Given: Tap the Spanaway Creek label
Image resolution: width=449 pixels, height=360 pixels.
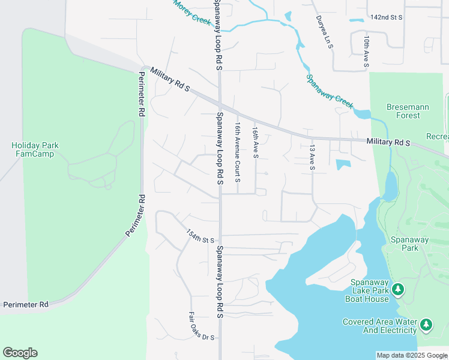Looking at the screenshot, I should tap(330, 91).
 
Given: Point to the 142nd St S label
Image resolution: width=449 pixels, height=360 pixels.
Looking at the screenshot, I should tap(385, 18).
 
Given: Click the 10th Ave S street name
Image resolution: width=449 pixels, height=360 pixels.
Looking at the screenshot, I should tap(366, 50).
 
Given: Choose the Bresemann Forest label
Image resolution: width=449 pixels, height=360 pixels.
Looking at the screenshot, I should tap(408, 111).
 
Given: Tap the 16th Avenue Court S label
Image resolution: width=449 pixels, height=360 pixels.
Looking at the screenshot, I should tap(238, 152).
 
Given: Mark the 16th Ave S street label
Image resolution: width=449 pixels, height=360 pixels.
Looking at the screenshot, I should tap(255, 142).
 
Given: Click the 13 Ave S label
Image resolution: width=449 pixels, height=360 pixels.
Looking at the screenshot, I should tap(312, 157).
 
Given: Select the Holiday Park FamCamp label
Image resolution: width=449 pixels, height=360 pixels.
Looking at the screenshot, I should tap(32, 149).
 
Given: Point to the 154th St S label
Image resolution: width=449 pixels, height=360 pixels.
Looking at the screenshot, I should tap(200, 236).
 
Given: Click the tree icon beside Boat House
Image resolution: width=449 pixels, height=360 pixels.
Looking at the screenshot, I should tap(397, 290).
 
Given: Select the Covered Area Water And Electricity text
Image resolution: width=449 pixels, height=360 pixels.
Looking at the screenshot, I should tap(379, 326).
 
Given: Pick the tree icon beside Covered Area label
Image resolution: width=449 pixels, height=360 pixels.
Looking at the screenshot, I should tap(426, 325).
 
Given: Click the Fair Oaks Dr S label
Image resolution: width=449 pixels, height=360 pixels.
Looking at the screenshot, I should tap(202, 326).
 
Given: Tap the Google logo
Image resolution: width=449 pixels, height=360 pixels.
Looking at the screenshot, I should tap(20, 353).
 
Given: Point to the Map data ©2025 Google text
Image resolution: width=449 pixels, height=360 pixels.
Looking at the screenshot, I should tap(412, 355).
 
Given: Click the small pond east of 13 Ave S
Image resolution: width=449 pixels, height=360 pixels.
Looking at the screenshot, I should tap(343, 164).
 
